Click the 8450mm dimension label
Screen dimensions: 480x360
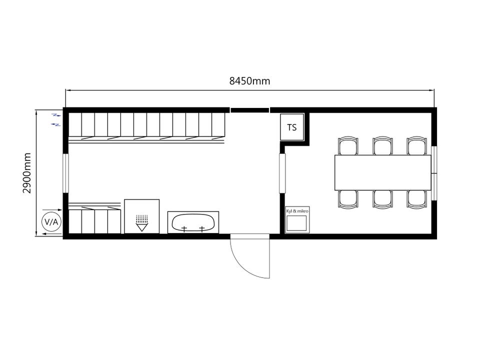click(250, 81)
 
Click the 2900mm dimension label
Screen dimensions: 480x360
click(27, 173)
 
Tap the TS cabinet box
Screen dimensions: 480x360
click(292, 127)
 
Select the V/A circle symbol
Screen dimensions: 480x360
click(51, 221)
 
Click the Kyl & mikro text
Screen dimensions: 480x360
click(297, 211)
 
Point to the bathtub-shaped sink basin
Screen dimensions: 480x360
click(193, 222)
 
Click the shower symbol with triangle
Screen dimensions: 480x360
click(141, 223)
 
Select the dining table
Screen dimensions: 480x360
click(383, 172)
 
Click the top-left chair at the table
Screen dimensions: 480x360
click(348, 145)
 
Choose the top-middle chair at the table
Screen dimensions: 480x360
click(382, 145)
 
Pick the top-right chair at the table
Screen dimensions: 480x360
click(417, 145)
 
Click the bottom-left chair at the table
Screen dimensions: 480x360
click(348, 199)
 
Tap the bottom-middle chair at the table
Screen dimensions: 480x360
click(382, 199)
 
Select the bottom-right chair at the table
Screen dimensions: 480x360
click(417, 199)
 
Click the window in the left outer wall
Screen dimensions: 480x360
click(65, 173)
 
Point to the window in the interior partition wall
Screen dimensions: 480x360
click(282, 173)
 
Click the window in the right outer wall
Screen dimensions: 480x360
click(434, 173)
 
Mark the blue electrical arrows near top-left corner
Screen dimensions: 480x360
click(56, 119)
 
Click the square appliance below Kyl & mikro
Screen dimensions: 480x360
click(296, 223)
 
